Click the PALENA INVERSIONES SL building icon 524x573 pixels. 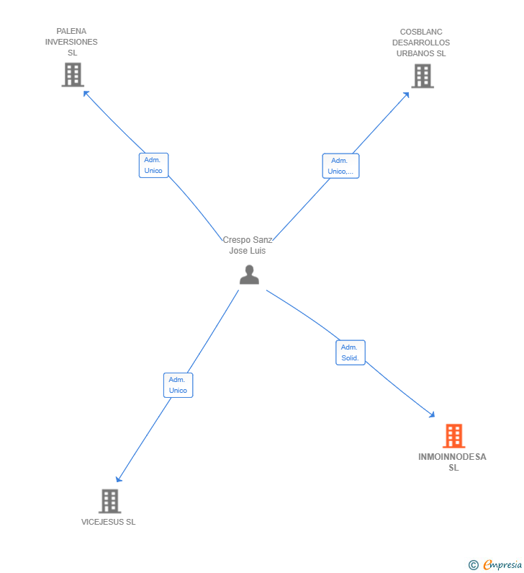(73, 75)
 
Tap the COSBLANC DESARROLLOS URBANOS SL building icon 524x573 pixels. (422, 76)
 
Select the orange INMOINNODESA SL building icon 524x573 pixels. (453, 436)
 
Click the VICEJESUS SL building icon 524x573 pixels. (109, 501)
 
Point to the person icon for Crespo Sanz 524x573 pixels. (249, 275)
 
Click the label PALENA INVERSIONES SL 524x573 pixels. (71, 42)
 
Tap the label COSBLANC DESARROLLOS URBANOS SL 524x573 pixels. (421, 43)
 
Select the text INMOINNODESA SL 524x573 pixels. (453, 462)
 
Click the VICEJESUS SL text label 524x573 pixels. (108, 522)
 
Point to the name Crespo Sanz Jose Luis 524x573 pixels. (248, 245)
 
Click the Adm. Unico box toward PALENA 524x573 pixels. (153, 165)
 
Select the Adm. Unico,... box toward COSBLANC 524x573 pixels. (340, 166)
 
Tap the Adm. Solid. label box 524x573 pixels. (351, 352)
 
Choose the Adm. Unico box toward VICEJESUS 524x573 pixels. (178, 385)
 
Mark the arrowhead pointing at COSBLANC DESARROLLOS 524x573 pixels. (407, 94)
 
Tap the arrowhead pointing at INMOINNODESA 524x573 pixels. (433, 415)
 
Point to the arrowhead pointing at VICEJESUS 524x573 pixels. (118, 480)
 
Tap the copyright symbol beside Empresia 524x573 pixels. (473, 566)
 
